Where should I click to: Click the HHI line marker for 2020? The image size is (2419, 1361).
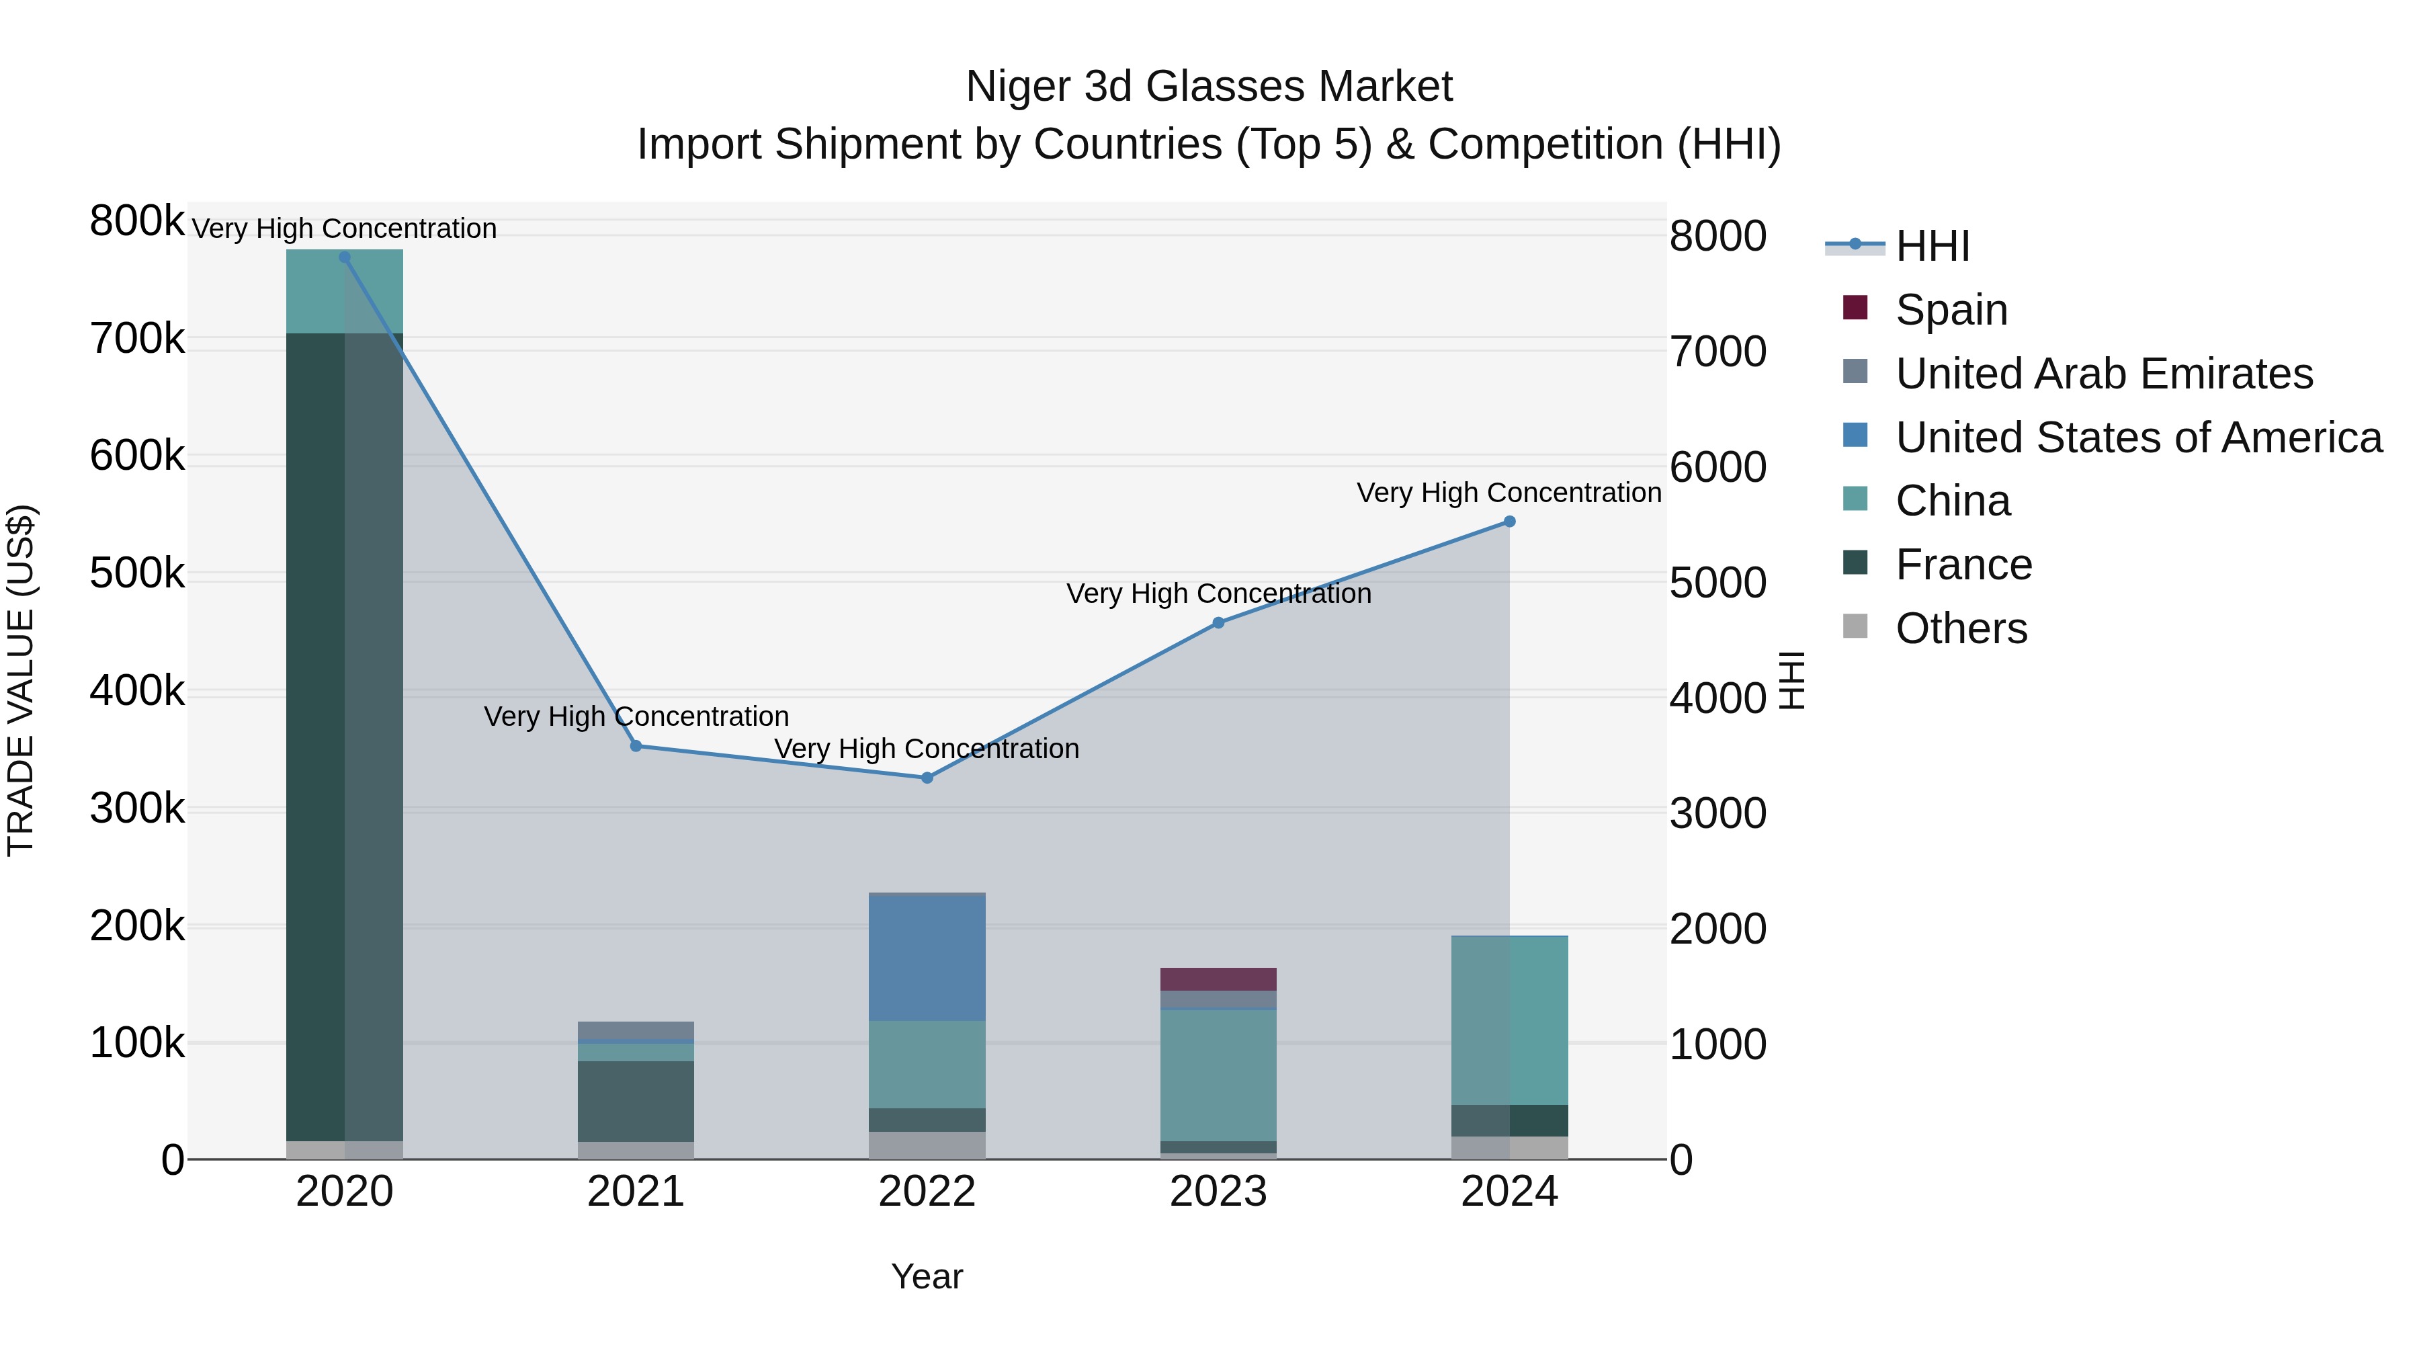pyautogui.click(x=345, y=257)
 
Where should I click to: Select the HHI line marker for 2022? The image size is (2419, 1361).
pyautogui.click(x=927, y=778)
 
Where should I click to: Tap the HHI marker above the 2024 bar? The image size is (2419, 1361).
pyautogui.click(x=1509, y=522)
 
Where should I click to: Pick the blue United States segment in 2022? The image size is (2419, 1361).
pyautogui.click(x=927, y=958)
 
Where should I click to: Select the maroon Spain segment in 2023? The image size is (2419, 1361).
pyautogui.click(x=1218, y=979)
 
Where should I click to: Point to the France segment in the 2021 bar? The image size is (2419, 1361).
pyautogui.click(x=636, y=1101)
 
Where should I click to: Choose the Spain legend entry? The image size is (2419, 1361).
pyautogui.click(x=1951, y=310)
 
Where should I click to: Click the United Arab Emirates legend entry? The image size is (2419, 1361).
pyautogui.click(x=2103, y=374)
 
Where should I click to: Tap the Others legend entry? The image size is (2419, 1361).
pyautogui.click(x=1961, y=628)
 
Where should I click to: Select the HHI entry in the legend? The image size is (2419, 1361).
pyautogui.click(x=1932, y=246)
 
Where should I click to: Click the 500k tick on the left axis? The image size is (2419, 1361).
pyautogui.click(x=137, y=573)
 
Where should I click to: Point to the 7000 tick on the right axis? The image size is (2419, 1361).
pyautogui.click(x=1717, y=352)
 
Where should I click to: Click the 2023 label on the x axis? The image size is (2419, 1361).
pyautogui.click(x=1218, y=1192)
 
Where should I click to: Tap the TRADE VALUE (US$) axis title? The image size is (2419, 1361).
pyautogui.click(x=22, y=680)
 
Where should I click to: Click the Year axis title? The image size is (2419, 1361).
pyautogui.click(x=927, y=1276)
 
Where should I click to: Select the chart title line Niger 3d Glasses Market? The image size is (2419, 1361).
pyautogui.click(x=1209, y=87)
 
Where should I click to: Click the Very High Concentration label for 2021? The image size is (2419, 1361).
pyautogui.click(x=636, y=716)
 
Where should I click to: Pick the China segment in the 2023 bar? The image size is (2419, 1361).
pyautogui.click(x=1218, y=1075)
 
